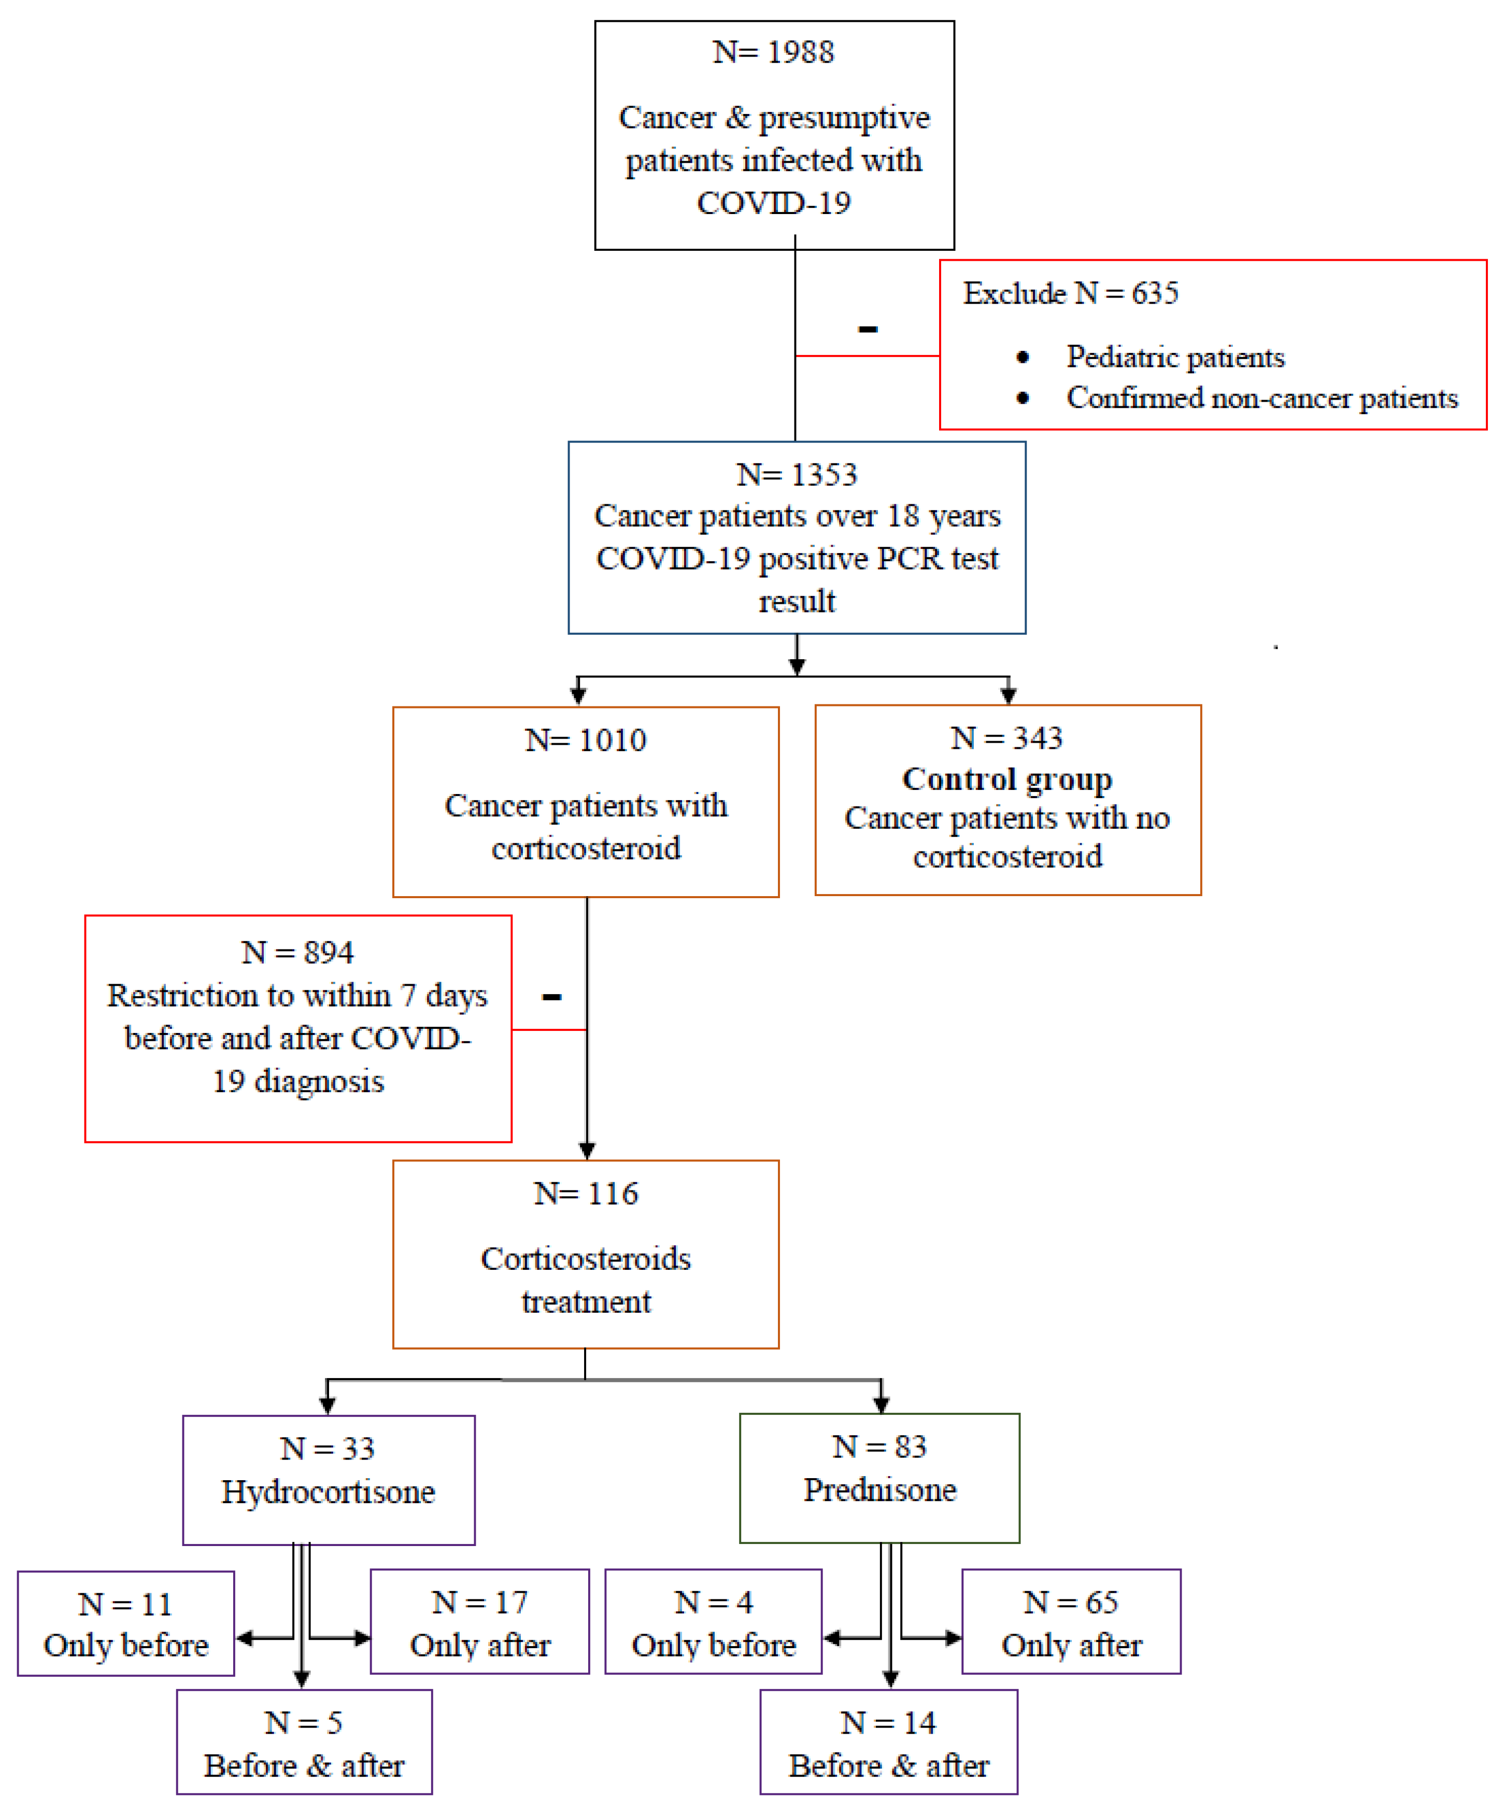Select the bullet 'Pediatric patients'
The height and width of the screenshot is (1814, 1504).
1175,357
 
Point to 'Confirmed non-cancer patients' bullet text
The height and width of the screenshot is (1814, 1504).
1261,398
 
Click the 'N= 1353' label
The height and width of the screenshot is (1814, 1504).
797,474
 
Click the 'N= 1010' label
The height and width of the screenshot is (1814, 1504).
586,740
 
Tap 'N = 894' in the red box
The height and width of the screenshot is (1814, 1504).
297,953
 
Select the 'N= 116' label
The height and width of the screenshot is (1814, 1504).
586,1194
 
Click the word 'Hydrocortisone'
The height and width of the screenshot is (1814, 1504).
328,1492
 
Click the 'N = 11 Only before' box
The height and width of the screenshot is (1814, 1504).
126,1624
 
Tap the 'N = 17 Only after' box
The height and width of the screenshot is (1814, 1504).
479,1622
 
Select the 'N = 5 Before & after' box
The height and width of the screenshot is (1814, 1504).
304,1743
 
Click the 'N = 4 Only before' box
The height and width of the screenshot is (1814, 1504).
713,1622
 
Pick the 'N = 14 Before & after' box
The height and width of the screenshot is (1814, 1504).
888,1743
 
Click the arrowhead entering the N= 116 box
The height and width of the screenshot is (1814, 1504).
587,1151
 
